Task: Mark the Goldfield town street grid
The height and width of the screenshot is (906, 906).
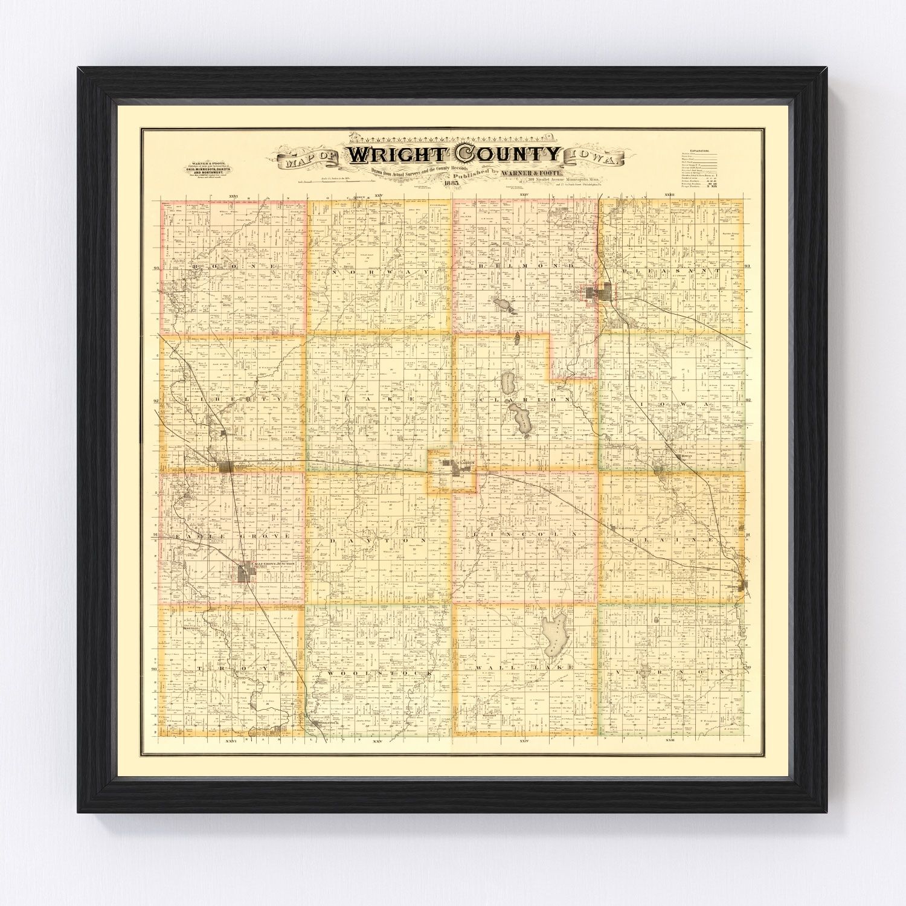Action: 226,467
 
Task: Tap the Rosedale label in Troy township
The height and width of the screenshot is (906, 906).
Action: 191,628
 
